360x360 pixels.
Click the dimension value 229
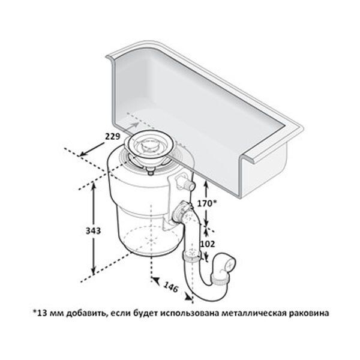tap(113, 137)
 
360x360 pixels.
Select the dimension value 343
tap(93, 230)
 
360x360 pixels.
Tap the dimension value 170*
tap(207, 203)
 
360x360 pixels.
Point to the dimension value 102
tap(208, 244)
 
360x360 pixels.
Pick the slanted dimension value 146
tap(171, 287)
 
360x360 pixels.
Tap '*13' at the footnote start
tap(40, 313)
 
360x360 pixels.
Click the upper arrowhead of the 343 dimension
tap(93, 185)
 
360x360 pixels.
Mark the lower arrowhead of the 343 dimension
tap(93, 271)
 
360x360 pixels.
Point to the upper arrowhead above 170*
tap(206, 183)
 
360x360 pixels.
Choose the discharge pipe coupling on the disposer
tap(181, 211)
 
